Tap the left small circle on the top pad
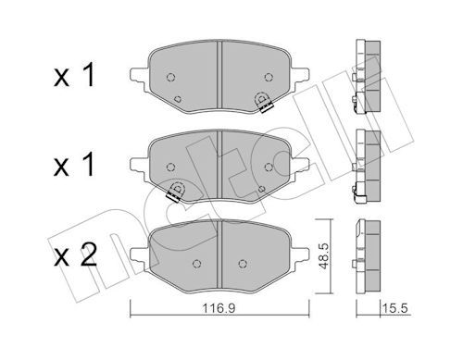169,77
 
